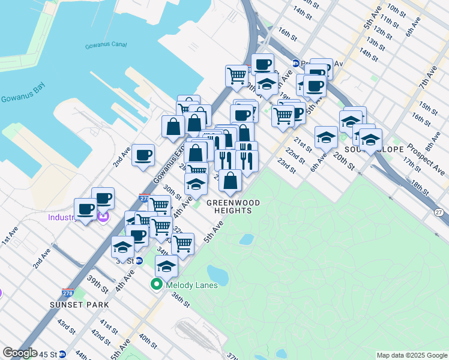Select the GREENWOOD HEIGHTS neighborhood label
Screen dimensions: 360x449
coord(229,206)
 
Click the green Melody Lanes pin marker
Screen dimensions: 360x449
coord(157,285)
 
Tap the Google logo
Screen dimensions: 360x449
coord(20,353)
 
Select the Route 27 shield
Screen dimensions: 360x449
coord(439,213)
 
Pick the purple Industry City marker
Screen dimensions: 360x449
coord(103,217)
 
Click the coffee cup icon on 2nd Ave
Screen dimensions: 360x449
coord(143,156)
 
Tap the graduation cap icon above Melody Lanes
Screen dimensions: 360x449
coord(166,266)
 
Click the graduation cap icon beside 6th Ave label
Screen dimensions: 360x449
coord(326,137)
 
